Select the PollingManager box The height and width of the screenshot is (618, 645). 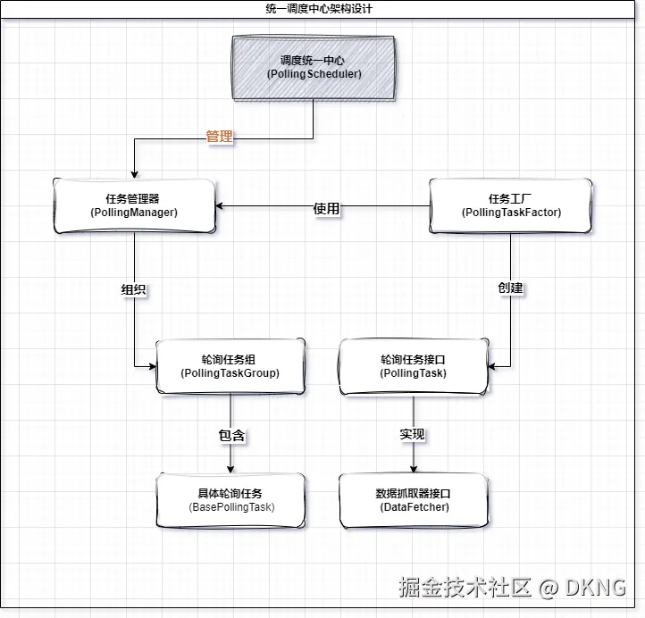(134, 205)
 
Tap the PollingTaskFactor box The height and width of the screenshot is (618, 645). (511, 205)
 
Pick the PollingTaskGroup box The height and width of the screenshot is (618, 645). (230, 366)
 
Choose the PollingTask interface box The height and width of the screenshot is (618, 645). (414, 366)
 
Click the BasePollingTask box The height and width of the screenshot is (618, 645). (230, 500)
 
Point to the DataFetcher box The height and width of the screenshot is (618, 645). (414, 500)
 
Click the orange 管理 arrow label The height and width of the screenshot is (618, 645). (219, 138)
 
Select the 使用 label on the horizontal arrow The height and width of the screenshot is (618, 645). (326, 208)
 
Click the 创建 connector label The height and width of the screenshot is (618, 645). (510, 288)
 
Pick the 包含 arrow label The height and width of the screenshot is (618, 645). (231, 436)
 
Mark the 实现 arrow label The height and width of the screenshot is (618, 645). (412, 435)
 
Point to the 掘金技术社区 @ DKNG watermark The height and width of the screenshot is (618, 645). (512, 587)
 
